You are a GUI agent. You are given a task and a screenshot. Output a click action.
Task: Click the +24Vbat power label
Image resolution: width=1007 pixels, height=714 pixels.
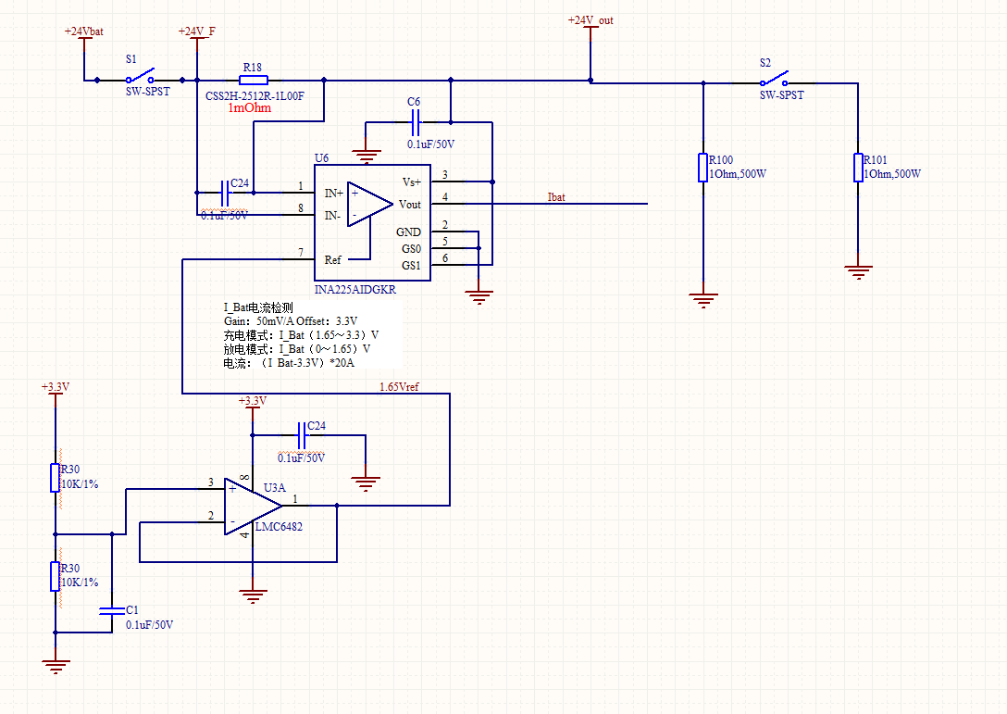(x=83, y=31)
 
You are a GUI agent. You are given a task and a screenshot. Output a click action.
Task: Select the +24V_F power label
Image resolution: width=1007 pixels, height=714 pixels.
(x=196, y=31)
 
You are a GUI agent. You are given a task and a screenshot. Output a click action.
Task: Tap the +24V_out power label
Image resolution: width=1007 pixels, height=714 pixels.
(x=591, y=20)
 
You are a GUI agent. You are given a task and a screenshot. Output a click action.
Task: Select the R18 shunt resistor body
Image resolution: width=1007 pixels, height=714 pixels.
(x=253, y=81)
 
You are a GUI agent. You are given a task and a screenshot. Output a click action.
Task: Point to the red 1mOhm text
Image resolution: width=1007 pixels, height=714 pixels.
(x=250, y=108)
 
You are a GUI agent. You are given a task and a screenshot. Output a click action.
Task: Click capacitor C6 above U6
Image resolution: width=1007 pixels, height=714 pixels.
(x=414, y=120)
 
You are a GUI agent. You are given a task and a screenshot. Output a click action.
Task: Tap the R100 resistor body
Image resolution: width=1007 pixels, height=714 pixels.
(x=703, y=168)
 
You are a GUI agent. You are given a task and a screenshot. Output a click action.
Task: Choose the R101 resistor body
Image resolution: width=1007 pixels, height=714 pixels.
(x=858, y=168)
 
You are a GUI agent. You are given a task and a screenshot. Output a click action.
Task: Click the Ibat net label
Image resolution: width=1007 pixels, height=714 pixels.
(x=556, y=196)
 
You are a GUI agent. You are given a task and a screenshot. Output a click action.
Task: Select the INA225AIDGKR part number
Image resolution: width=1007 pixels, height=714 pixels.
(x=355, y=290)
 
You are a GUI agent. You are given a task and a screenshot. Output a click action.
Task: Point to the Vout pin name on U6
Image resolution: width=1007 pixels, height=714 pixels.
(x=409, y=205)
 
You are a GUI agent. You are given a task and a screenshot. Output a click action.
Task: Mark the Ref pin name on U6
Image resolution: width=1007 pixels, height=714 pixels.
(x=333, y=260)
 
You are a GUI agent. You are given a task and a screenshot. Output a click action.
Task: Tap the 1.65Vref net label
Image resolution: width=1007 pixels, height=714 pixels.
(x=399, y=386)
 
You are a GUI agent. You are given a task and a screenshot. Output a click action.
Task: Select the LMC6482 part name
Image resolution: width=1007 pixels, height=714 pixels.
(x=279, y=527)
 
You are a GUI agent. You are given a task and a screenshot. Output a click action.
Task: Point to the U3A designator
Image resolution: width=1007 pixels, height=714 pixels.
(x=275, y=487)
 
